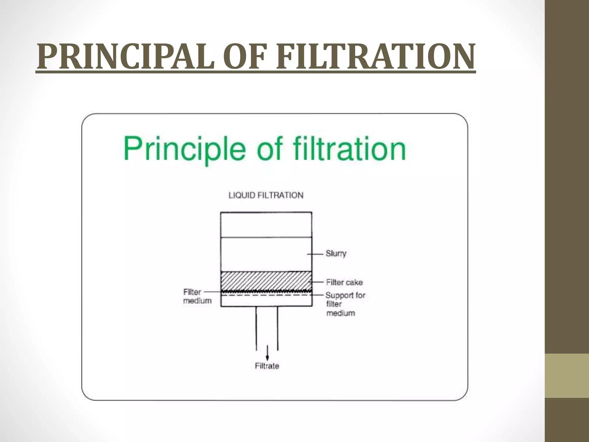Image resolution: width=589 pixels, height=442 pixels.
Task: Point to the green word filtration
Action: point(349,149)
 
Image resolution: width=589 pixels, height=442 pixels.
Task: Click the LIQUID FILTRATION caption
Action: point(266,195)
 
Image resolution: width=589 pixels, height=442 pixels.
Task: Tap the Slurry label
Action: point(336,254)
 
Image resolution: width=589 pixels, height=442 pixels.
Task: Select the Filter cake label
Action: point(344,282)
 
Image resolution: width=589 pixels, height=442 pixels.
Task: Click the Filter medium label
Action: point(197,296)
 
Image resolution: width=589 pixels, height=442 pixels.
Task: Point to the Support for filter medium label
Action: point(345,304)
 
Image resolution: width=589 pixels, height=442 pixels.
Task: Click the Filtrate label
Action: point(267,366)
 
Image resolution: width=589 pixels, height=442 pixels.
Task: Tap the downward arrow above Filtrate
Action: point(267,353)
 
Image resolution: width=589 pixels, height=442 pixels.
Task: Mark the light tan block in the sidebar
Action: point(567,376)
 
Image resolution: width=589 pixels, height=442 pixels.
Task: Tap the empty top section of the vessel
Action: point(266,225)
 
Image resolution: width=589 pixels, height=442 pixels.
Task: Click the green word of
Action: point(269,149)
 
